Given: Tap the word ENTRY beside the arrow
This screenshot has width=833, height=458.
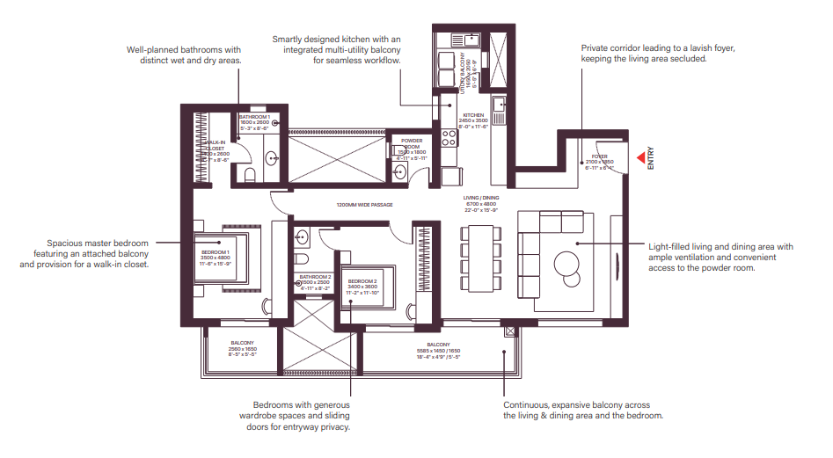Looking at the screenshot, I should [651, 158].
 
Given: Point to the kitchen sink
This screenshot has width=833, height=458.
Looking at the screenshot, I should [499, 105].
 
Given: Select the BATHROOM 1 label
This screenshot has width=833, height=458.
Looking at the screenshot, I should [254, 116].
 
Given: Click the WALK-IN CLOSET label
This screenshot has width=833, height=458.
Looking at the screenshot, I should [216, 146].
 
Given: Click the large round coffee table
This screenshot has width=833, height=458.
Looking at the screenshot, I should [567, 262].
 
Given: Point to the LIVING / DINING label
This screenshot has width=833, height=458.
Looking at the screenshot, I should [481, 198].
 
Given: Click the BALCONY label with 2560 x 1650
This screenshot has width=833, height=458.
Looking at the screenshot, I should [243, 343].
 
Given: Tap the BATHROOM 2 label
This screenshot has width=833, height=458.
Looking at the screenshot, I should [314, 276].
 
